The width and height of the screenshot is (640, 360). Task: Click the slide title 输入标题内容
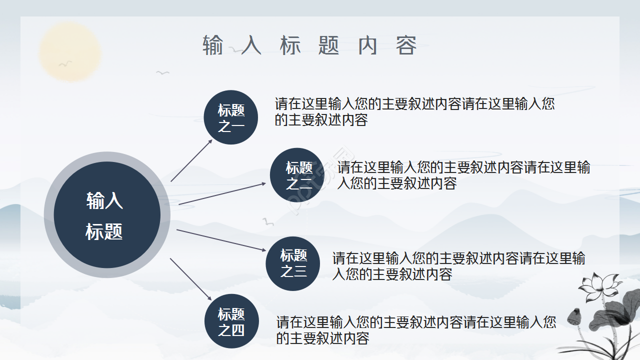point(309,45)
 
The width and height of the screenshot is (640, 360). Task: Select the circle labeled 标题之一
point(231,117)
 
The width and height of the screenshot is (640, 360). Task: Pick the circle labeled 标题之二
point(297,175)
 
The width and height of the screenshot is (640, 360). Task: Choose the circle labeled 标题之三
point(293,263)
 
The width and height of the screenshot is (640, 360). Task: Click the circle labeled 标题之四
point(231,321)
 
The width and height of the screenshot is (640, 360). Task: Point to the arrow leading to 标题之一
point(191,160)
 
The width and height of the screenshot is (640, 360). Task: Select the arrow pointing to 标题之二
point(222,193)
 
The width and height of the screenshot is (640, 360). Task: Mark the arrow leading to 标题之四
point(191,278)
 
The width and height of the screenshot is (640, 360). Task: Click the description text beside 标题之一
point(414,112)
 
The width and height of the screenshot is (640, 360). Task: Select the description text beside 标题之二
point(463,175)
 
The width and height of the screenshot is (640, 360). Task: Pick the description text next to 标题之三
point(458,266)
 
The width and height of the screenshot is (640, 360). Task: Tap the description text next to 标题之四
point(416,330)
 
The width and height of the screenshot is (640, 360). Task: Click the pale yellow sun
point(70,51)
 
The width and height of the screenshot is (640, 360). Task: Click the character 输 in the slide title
point(213,45)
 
